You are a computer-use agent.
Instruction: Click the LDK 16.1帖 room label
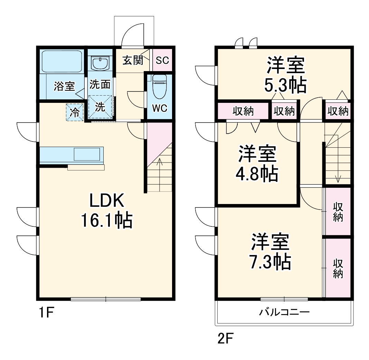[x=106, y=211]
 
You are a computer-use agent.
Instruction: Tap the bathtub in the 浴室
[x=61, y=61]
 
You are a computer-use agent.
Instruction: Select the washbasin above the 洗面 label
[x=100, y=63]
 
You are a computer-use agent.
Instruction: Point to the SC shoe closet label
[x=162, y=60]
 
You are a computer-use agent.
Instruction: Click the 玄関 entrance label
[x=133, y=60]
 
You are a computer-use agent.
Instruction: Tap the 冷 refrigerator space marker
[x=75, y=112]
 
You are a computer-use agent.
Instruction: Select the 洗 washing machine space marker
[x=100, y=107]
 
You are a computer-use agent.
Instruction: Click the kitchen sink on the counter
[x=88, y=154]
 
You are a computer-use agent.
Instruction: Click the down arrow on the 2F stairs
[x=338, y=178]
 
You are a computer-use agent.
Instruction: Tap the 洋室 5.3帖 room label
[x=285, y=75]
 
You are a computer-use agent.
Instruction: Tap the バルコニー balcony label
[x=284, y=313]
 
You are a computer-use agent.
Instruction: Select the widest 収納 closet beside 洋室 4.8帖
[x=243, y=111]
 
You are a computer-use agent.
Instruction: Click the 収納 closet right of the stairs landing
[x=338, y=111]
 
